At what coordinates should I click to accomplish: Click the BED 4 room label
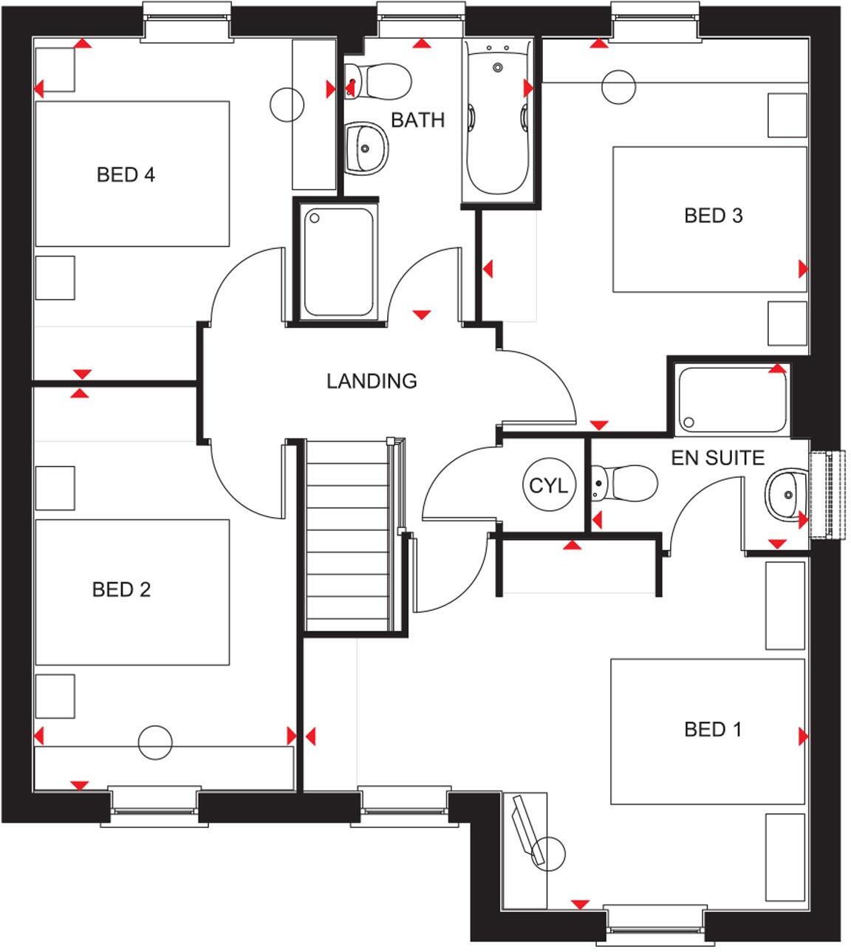[126, 175]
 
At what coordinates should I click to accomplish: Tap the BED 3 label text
[714, 216]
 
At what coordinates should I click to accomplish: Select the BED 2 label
[121, 589]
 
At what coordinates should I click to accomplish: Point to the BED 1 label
[713, 729]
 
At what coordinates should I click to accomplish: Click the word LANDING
[372, 381]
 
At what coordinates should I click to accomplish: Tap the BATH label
[418, 120]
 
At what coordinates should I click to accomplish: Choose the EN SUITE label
[717, 458]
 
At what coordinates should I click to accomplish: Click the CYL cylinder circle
[548, 485]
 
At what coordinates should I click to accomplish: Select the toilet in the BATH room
[377, 81]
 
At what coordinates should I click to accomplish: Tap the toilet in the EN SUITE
[624, 483]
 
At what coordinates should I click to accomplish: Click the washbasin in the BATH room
[366, 148]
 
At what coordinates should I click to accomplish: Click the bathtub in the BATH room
[498, 121]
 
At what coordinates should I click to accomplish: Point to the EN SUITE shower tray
[732, 400]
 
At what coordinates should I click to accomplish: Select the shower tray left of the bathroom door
[339, 261]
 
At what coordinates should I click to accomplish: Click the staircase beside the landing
[348, 535]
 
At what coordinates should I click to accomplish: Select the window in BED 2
[154, 806]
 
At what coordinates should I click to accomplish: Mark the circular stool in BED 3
[619, 87]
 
